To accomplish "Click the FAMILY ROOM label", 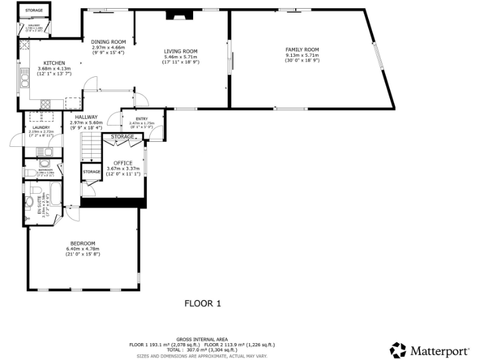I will tap(302, 49).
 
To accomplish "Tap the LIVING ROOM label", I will tap(181, 51).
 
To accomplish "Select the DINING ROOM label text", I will tap(108, 42).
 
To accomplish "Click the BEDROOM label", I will tap(82, 243).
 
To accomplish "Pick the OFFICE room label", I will tap(123, 163).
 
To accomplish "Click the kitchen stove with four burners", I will tap(45, 102).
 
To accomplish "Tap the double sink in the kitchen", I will tap(24, 79).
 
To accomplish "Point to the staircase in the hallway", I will tap(91, 150).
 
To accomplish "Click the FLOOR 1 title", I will tap(202, 304).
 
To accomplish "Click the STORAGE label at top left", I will tap(34, 11).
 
